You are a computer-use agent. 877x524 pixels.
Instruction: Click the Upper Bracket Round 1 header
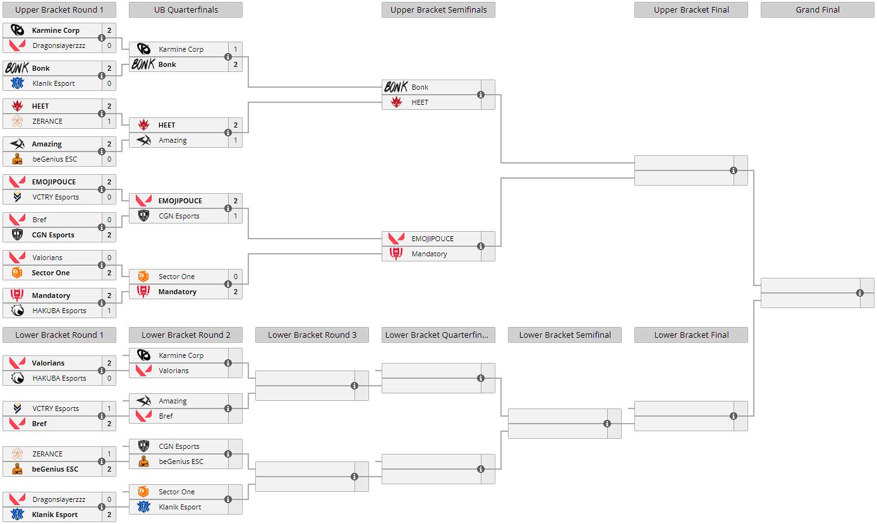pos(59,9)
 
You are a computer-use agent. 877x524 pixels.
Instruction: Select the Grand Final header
pos(817,9)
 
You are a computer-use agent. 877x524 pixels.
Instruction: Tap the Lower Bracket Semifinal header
pos(564,335)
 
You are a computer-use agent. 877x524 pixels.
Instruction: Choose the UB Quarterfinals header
pos(185,9)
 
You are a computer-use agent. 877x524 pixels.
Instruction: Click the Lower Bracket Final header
pos(691,335)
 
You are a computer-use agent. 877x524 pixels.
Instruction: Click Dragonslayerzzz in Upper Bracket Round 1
pos(59,45)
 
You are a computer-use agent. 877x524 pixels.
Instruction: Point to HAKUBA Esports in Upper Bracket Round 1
pos(59,311)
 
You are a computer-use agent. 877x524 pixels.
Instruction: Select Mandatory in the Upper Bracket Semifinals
pos(429,254)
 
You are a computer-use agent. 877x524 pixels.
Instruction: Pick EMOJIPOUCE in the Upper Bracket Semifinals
pos(432,239)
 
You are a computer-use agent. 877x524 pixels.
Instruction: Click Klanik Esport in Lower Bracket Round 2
pos(179,507)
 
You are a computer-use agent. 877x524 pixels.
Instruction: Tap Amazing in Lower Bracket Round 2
pos(172,401)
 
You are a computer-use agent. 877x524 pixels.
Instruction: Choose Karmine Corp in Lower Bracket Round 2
pos(181,355)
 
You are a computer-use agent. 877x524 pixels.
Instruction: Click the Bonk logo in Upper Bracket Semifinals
pos(396,87)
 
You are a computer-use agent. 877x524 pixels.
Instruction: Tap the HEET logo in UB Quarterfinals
pos(143,125)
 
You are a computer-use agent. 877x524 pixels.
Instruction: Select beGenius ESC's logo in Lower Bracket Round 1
pos(17,469)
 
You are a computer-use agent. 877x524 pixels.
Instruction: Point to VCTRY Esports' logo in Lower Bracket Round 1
pos(17,408)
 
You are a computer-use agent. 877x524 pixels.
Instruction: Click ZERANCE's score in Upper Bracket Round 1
pos(109,121)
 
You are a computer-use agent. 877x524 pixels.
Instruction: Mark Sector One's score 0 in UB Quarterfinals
pos(236,277)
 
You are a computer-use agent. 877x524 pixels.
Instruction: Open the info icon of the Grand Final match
pos(859,293)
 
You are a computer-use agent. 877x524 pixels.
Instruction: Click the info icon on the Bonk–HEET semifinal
pos(480,95)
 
